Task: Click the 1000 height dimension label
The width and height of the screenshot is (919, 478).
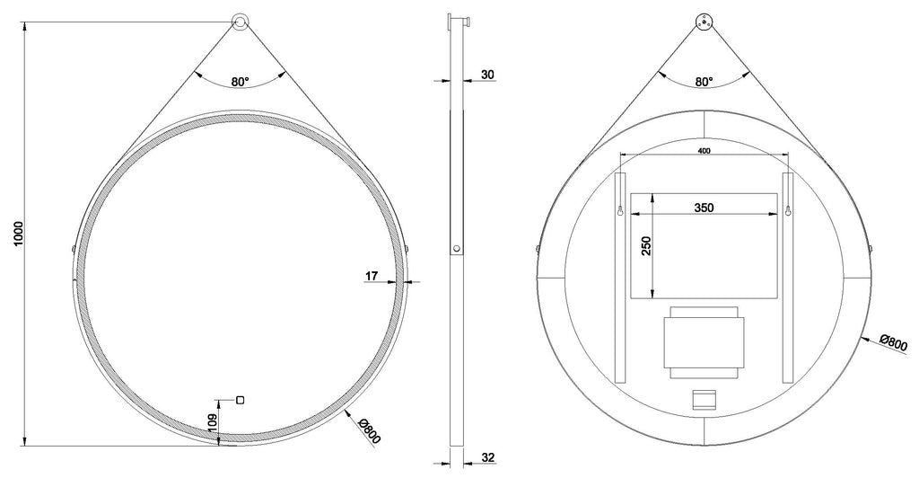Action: click(18, 234)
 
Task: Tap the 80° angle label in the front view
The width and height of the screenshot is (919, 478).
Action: click(240, 82)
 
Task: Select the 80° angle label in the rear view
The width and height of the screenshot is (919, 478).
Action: click(704, 82)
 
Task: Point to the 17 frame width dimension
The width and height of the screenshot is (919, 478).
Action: click(372, 276)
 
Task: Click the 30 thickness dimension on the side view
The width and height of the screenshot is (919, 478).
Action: click(487, 75)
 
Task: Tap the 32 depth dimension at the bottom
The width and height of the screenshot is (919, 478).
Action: click(487, 457)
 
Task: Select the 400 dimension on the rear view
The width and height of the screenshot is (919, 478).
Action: click(704, 151)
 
